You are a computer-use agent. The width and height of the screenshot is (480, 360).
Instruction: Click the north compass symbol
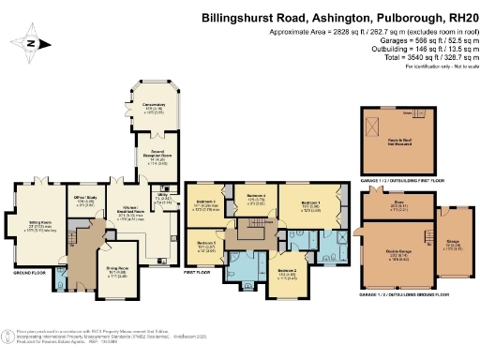coord(31,43)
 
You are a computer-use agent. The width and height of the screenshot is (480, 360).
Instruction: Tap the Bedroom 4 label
coord(256,198)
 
